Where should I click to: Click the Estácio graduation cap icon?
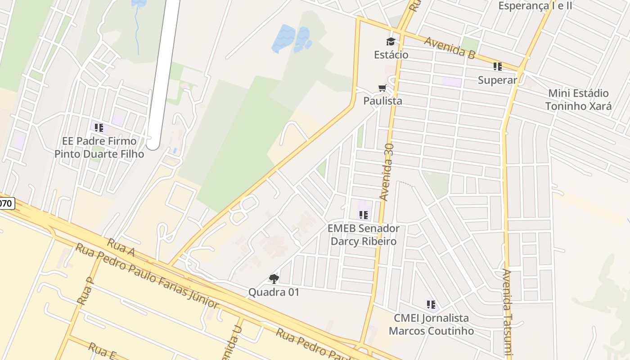click(391, 42)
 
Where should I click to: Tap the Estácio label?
click(391, 55)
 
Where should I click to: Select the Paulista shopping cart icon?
click(382, 88)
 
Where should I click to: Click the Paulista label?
click(382, 101)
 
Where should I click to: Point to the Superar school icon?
click(497, 67)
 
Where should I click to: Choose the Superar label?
click(497, 80)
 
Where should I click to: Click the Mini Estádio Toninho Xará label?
click(578, 100)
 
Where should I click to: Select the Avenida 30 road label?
click(387, 172)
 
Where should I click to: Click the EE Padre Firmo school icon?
click(99, 127)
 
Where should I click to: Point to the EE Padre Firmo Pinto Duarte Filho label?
click(99, 148)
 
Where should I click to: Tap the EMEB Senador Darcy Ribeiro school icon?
click(363, 215)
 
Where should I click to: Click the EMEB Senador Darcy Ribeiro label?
click(363, 235)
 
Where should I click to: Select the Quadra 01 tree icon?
click(274, 279)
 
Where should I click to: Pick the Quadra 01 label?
click(274, 292)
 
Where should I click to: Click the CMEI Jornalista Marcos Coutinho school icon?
click(431, 305)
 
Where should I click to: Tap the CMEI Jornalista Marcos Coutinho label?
click(431, 324)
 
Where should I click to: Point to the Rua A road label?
click(121, 248)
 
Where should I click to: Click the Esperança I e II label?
click(535, 5)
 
